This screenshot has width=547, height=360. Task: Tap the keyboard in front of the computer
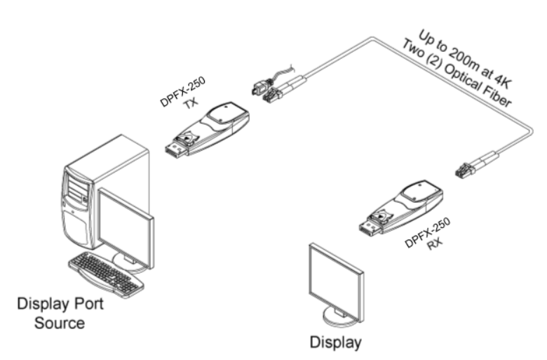pyautogui.click(x=105, y=271)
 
